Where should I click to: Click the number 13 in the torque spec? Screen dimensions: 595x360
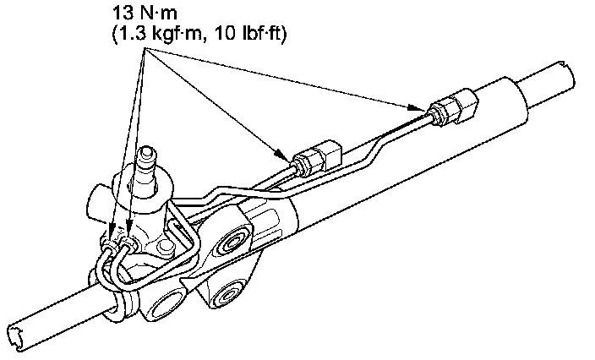click(122, 14)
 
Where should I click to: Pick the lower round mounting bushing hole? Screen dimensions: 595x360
click(227, 296)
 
